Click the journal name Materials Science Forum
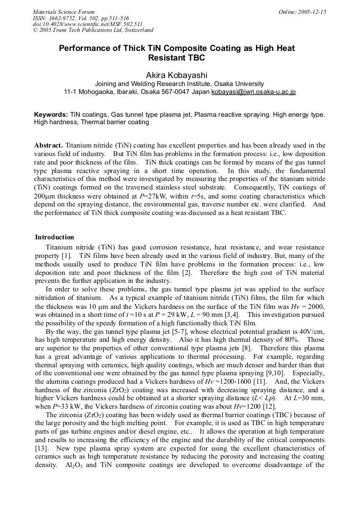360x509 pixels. point(64,12)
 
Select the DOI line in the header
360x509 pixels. point(88,24)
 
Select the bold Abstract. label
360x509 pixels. point(49,145)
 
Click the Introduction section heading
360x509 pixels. point(55,237)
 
